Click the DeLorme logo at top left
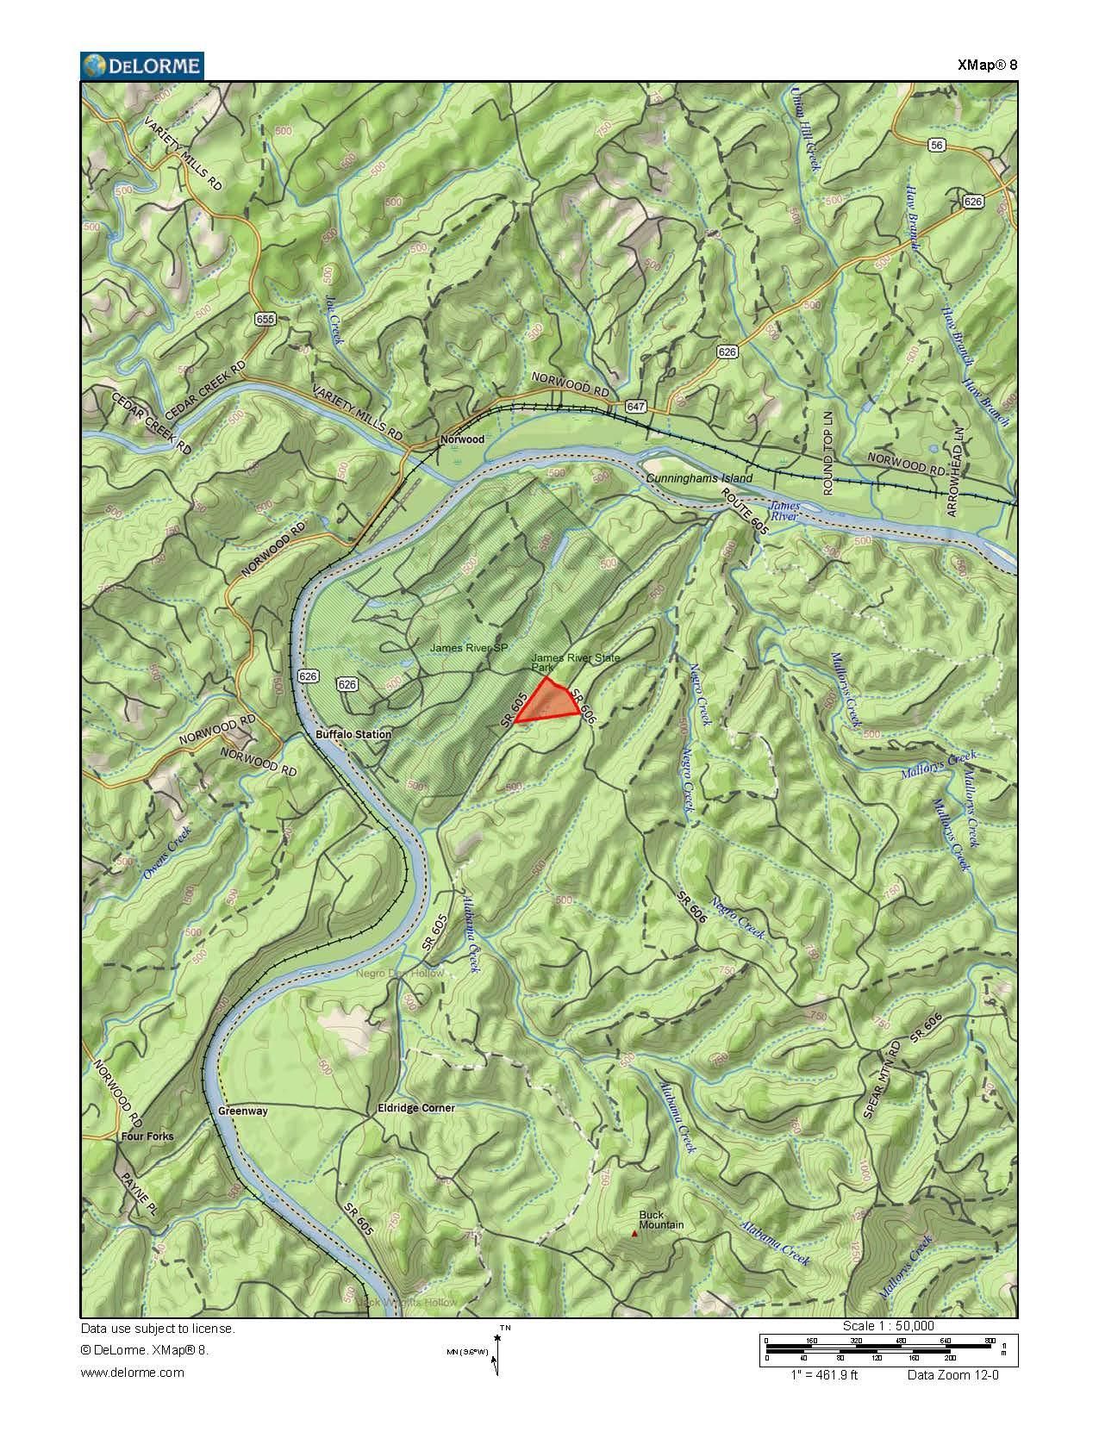click(x=142, y=65)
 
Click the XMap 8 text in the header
click(x=987, y=65)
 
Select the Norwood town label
click(x=462, y=439)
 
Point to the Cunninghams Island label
click(x=698, y=478)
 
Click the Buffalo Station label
click(x=353, y=735)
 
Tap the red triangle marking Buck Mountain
click(x=635, y=1234)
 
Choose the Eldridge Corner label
click(x=415, y=1108)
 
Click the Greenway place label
click(x=243, y=1111)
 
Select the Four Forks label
click(x=147, y=1136)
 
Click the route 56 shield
click(x=937, y=146)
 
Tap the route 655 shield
click(x=265, y=320)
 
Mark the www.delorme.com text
click(x=133, y=1373)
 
